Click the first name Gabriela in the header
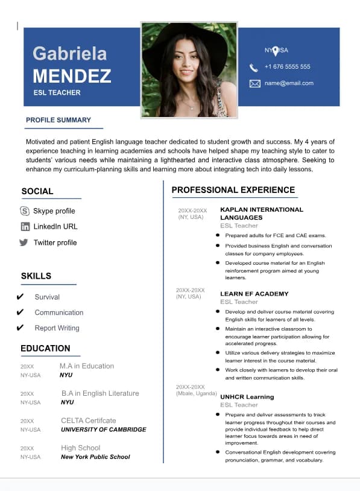click(69, 54)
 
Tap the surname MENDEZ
click(72, 76)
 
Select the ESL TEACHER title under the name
click(57, 93)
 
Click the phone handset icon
click(254, 67)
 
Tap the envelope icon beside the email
click(254, 83)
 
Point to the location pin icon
click(276, 51)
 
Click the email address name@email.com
click(289, 83)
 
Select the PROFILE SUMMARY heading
click(58, 120)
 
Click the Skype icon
click(25, 211)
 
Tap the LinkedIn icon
click(25, 227)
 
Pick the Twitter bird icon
click(24, 242)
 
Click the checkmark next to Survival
click(21, 297)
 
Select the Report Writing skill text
click(57, 328)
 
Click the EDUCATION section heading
click(45, 348)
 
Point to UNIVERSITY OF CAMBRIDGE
click(103, 429)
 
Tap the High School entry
click(80, 448)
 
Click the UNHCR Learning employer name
click(247, 397)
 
